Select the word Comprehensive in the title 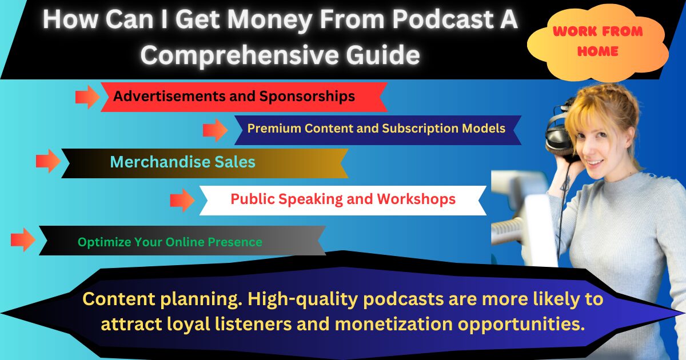(240, 55)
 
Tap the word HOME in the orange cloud (598, 51)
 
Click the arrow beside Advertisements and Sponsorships (87, 97)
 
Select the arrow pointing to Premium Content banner (216, 130)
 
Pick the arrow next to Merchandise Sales (49, 161)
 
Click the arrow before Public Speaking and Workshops (182, 200)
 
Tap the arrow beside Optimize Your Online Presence (23, 239)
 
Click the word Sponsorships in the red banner (307, 97)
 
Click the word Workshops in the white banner (416, 199)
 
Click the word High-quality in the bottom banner (302, 299)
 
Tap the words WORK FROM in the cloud (598, 31)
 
